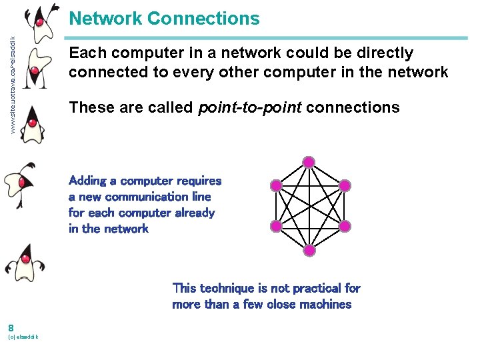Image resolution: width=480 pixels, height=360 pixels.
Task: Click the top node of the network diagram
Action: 308,161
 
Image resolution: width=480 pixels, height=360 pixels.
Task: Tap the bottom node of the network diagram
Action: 308,251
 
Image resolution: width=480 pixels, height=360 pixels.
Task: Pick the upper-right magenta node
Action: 344,185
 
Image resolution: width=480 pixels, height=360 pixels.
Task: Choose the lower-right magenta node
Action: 344,227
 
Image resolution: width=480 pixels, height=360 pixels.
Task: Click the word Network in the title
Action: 105,19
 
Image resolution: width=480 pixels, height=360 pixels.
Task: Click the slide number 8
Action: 11,327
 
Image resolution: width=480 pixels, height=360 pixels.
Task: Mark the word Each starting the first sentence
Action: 84,53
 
